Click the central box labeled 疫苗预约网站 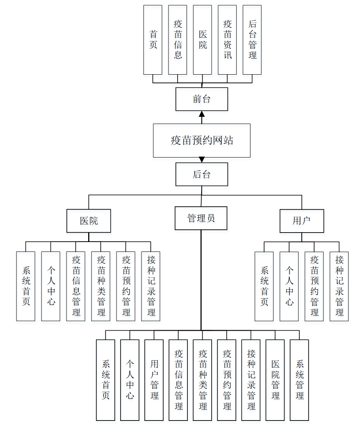tap(202, 140)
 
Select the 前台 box tap(202, 99)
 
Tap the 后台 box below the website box tap(202, 174)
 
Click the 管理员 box tap(201, 218)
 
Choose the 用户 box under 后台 tap(302, 221)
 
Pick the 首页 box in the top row tap(153, 40)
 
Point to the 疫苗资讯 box tap(227, 40)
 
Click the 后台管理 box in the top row tap(252, 40)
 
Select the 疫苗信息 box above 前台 tap(178, 40)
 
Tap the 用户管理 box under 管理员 tap(154, 380)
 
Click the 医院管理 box tap(275, 380)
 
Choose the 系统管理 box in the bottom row tap(299, 380)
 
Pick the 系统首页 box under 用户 tap(264, 286)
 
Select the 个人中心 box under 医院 tap(50, 286)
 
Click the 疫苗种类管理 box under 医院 tap(101, 286)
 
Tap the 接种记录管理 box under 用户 tap(339, 286)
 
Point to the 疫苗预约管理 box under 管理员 tap(227, 380)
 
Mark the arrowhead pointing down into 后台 tap(202, 160)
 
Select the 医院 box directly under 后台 tap(89, 221)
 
